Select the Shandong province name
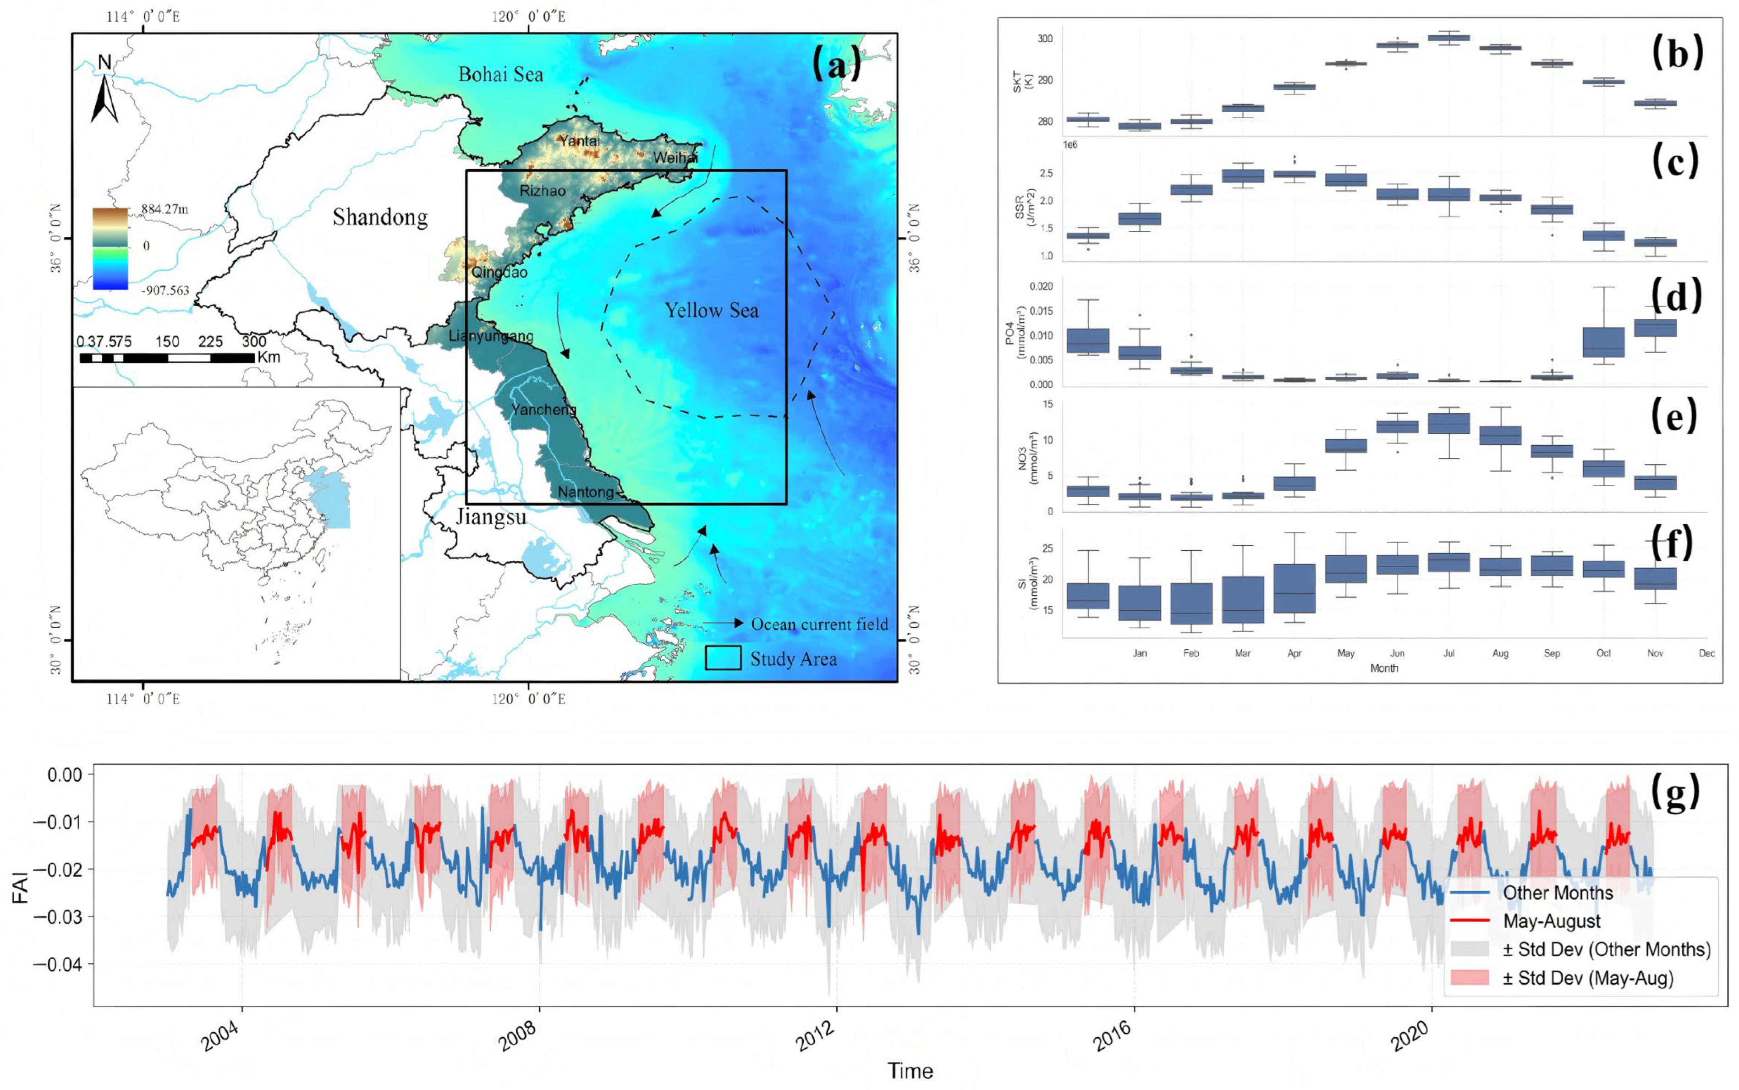tap(380, 217)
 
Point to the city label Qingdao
tap(499, 273)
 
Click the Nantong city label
tap(586, 492)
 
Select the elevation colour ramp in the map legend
tap(110, 249)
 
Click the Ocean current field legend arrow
tap(723, 623)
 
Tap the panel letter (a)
tap(836, 65)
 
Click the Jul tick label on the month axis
tap(1448, 653)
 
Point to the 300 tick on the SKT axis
tap(1045, 39)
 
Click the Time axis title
tap(910, 1071)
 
